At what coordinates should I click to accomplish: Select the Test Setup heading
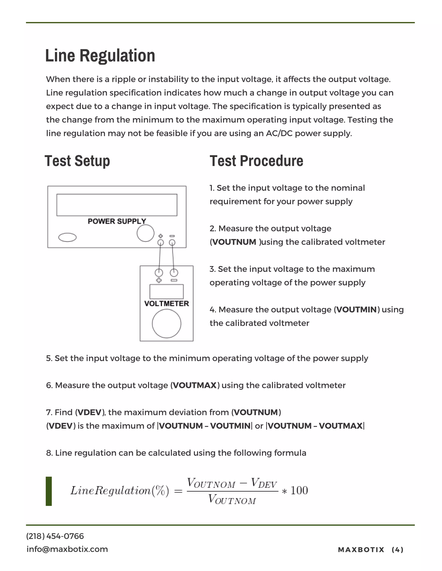[77, 161]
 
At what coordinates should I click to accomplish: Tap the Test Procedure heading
[256, 161]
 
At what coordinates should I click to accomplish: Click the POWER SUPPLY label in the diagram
[117, 221]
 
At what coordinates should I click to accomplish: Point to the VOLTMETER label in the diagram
[167, 304]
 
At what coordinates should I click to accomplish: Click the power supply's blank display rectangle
[117, 205]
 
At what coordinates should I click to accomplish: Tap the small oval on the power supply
[67, 237]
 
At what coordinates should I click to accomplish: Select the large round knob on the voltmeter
[167, 324]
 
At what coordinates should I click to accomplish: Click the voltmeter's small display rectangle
[167, 292]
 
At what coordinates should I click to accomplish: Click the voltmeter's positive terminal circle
[159, 273]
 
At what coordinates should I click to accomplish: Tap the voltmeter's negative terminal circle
[174, 273]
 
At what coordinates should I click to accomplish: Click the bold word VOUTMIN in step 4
[357, 310]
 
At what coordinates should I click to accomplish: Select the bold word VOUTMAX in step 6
[195, 385]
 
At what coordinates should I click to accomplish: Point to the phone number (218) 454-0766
[55, 536]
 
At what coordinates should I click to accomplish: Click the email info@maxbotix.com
[67, 549]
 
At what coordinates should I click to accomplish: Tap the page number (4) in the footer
[398, 550]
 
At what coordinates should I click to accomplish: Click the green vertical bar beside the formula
[49, 491]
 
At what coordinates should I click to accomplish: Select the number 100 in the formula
[299, 490]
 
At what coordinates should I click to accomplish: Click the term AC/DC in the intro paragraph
[279, 133]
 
